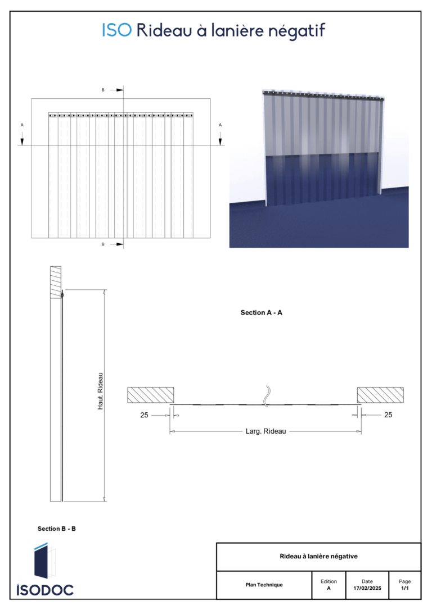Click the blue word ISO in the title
pyautogui.click(x=116, y=30)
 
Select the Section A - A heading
pyautogui.click(x=262, y=312)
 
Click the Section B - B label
pyautogui.click(x=56, y=529)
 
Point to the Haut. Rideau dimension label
pyautogui.click(x=101, y=391)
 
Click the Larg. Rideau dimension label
pyautogui.click(x=265, y=431)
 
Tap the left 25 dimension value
pyautogui.click(x=144, y=415)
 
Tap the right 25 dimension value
pyautogui.click(x=388, y=415)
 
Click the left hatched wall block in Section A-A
pyautogui.click(x=151, y=395)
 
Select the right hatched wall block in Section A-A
pyautogui.click(x=380, y=395)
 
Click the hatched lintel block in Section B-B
pyautogui.click(x=56, y=282)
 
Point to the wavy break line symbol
pyautogui.click(x=267, y=397)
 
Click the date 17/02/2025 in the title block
pyautogui.click(x=367, y=588)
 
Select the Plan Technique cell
pyautogui.click(x=264, y=585)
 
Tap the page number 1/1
pyautogui.click(x=405, y=588)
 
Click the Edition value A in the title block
pyautogui.click(x=328, y=588)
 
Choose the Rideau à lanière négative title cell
pyautogui.click(x=318, y=557)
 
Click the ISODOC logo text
pyautogui.click(x=45, y=590)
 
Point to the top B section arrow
pyautogui.click(x=116, y=90)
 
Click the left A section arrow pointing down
pyautogui.click(x=22, y=139)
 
